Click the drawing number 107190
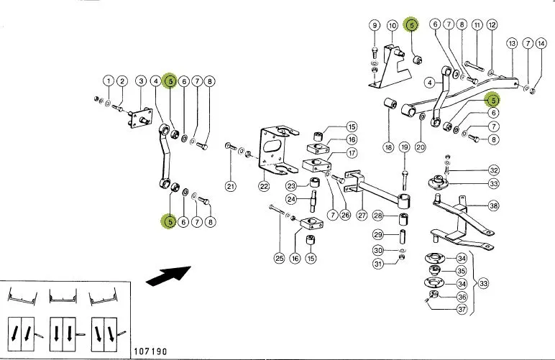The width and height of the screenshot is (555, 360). [x=150, y=351]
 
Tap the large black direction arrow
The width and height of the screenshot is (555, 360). [x=168, y=275]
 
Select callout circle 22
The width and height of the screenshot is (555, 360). [x=264, y=186]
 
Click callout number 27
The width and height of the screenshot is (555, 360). [x=362, y=215]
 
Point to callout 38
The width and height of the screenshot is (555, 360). [x=493, y=206]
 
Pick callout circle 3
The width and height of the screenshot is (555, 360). [x=141, y=81]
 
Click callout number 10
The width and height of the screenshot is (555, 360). [x=393, y=25]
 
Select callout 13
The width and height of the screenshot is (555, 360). [x=512, y=44]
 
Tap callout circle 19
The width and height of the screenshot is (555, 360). [x=404, y=147]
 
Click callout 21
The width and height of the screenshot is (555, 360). [x=231, y=186]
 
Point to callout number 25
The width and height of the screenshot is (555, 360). [x=279, y=258]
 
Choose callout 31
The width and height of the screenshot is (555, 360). [x=378, y=264]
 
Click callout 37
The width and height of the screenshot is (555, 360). [x=462, y=309]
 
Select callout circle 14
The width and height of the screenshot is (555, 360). [x=541, y=44]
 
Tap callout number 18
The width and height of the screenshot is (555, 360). [x=388, y=147]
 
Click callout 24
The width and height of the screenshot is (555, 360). [x=291, y=199]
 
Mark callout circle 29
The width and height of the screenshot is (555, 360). [x=378, y=234]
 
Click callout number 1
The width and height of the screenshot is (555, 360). [x=109, y=81]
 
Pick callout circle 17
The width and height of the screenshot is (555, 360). [x=352, y=153]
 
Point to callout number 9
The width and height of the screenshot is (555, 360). [x=375, y=25]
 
